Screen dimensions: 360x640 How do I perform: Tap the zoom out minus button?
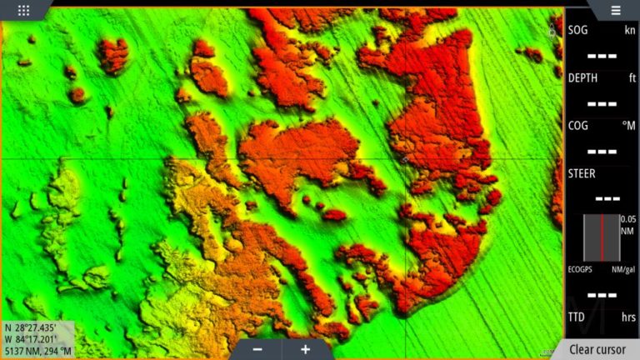(257, 349)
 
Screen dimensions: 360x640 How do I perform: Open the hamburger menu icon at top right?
(615, 10)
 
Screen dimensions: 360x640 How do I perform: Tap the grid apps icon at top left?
(23, 10)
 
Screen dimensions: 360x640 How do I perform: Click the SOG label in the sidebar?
(577, 30)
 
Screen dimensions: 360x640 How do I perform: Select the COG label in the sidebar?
(578, 125)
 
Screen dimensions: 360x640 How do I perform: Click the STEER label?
(582, 172)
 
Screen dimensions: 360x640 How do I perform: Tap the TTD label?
(577, 317)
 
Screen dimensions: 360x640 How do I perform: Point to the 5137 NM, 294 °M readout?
(38, 351)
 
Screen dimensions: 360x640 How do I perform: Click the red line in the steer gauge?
(601, 237)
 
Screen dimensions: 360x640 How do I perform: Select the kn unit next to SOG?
(629, 30)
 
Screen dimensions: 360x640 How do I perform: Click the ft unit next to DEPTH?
(632, 77)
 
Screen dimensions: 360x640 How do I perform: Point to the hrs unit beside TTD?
(628, 317)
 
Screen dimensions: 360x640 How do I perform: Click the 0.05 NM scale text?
(628, 224)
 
